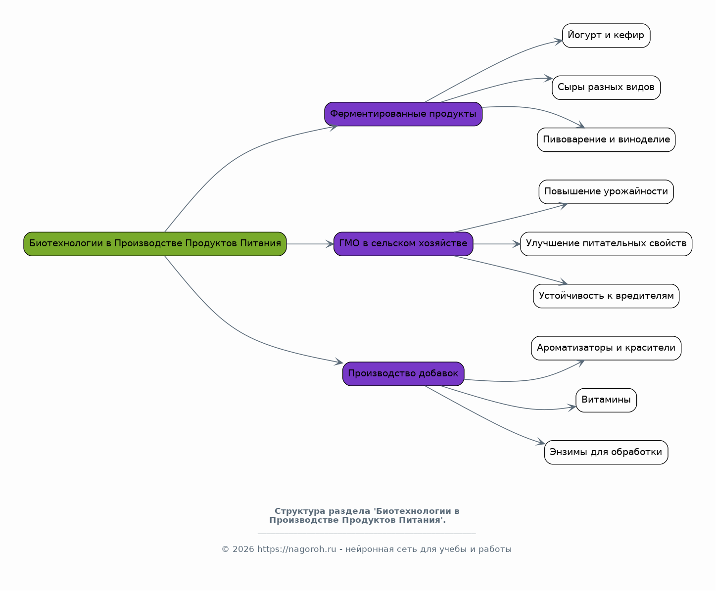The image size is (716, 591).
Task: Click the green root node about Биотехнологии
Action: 155,244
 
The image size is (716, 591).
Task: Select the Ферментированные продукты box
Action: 403,114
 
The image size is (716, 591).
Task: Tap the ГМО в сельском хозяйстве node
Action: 403,244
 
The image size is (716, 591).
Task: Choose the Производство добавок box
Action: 403,374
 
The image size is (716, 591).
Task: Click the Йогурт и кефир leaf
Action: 606,36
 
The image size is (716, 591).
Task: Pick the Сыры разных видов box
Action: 606,88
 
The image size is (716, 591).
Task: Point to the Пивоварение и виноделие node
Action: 606,140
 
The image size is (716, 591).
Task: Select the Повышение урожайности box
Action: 606,192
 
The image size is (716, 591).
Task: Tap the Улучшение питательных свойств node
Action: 606,244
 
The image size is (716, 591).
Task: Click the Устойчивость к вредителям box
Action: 606,296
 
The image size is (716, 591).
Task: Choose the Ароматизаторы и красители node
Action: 606,348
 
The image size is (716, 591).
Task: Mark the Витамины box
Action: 606,400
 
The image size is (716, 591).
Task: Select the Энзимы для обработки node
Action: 606,453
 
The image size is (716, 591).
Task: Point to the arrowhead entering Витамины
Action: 573,407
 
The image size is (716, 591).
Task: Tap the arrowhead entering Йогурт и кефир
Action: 559,41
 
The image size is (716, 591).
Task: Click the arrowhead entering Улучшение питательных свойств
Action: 517,244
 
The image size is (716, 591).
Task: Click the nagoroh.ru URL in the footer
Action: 296,549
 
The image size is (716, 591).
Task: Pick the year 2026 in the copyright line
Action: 243,549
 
